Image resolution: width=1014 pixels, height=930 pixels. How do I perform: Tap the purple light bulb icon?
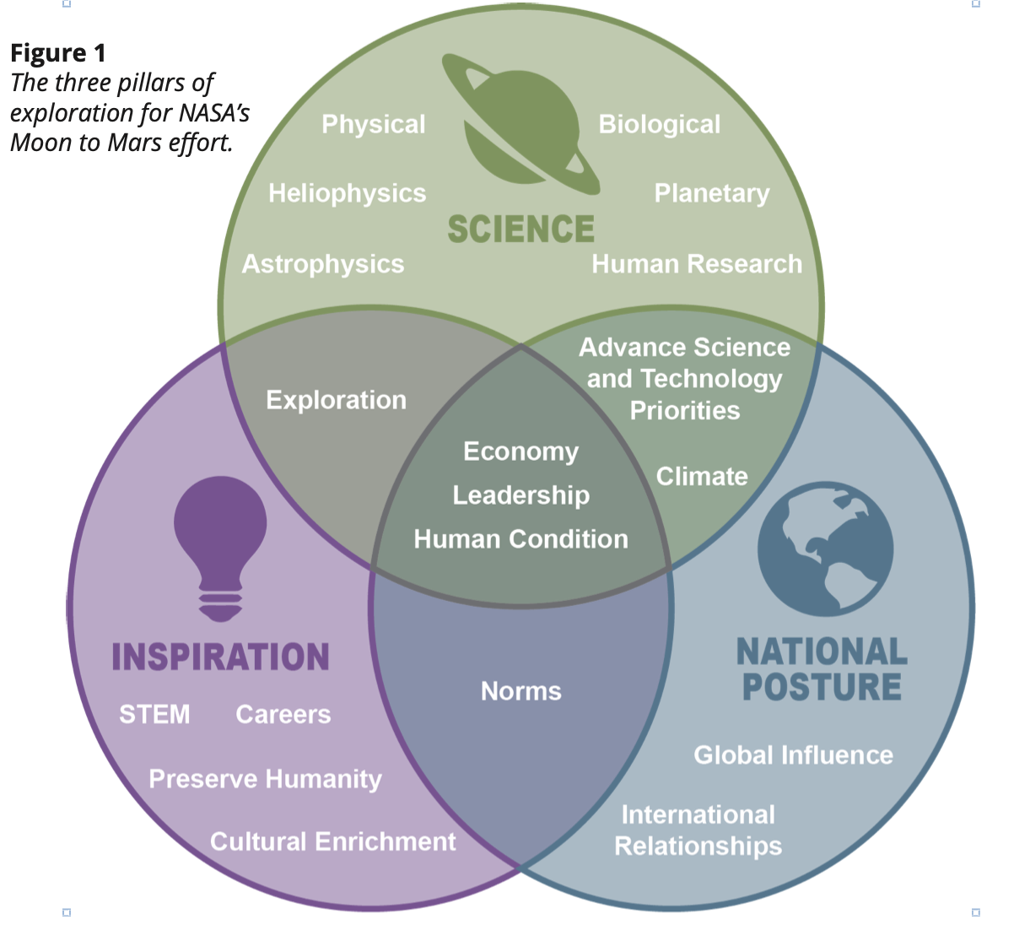coord(220,549)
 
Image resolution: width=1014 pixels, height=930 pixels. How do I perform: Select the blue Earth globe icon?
coord(825,549)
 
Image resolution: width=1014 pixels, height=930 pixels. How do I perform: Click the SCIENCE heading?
coord(521,229)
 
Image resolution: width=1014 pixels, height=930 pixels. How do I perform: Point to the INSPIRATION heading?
coord(220,657)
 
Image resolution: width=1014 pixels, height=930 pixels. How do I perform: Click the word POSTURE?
coord(822,686)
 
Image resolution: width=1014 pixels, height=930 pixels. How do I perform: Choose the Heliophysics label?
coord(348,193)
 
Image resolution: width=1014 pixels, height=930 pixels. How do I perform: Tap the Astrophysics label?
coord(323,264)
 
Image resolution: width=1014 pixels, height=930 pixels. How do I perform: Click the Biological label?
coord(659,124)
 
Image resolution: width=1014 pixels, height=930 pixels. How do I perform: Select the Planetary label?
coord(712,193)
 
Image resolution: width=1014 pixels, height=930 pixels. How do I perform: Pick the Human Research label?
coord(697,264)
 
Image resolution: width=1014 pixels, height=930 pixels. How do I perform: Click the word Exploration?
coord(336,400)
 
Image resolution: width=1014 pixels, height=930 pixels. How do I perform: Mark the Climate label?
coord(702,476)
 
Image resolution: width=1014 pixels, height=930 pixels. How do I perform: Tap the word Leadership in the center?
coord(521,495)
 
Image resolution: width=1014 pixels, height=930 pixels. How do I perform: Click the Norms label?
coord(521,691)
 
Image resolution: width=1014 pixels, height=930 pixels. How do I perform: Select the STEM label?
coord(154,715)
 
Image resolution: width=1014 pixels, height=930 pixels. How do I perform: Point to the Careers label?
coord(283,715)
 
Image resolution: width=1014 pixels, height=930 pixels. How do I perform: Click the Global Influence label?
coord(793,755)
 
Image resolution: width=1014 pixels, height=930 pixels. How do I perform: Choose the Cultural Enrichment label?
coord(333,842)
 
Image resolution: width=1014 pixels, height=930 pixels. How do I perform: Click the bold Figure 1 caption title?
coord(58,53)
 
